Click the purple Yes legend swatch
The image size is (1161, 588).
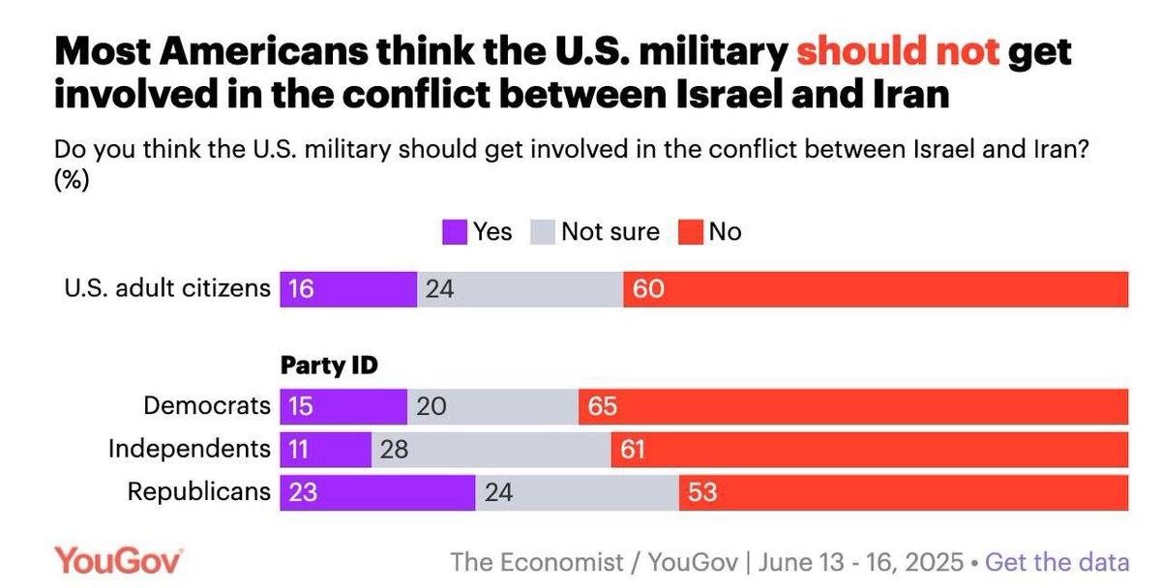(x=455, y=232)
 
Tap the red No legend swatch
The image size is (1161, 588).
(x=693, y=232)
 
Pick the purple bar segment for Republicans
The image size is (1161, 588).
(x=377, y=491)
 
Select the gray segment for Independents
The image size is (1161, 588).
(x=491, y=449)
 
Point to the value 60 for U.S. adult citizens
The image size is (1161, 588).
(x=648, y=289)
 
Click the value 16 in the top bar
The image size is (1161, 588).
(x=301, y=289)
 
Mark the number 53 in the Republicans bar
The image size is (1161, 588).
(x=702, y=491)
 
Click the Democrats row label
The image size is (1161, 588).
(x=207, y=406)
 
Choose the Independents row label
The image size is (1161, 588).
(x=190, y=449)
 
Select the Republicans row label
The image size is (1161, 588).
(x=199, y=491)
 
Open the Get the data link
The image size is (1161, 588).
(x=1057, y=562)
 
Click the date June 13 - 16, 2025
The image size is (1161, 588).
(x=861, y=562)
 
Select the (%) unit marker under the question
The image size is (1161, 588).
(x=72, y=181)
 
